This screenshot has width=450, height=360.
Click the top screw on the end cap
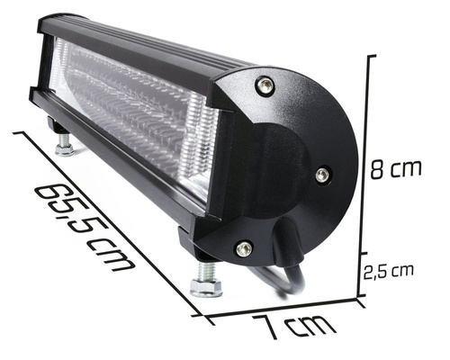pos(264,85)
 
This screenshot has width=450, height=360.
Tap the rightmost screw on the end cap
pos(321,174)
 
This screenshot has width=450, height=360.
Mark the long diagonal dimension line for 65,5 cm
pos(108,220)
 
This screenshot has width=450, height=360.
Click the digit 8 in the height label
pos(380,168)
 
